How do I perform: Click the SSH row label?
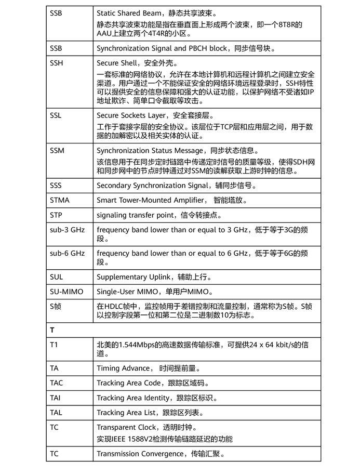57,63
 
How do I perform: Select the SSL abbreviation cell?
56,115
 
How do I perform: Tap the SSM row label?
57,151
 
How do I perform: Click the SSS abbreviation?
56,185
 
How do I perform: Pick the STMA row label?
60,200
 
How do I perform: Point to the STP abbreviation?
56,215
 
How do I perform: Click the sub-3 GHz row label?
67,229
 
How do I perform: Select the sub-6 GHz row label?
67,253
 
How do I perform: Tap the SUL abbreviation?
56,277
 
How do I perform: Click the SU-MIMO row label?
66,292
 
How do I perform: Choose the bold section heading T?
52,330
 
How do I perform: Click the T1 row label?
54,345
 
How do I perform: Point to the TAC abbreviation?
56,383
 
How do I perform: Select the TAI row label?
56,398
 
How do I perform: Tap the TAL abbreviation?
56,413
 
